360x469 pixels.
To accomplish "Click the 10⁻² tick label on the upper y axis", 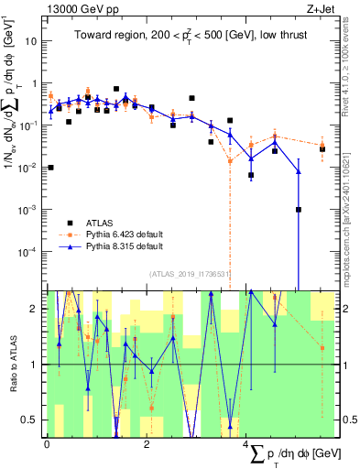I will [29, 168].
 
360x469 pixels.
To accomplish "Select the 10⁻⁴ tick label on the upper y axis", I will [29, 251].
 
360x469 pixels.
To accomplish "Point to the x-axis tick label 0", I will [47, 444].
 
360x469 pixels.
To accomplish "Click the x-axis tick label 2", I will [147, 444].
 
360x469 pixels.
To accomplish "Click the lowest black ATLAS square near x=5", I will [299, 210].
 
